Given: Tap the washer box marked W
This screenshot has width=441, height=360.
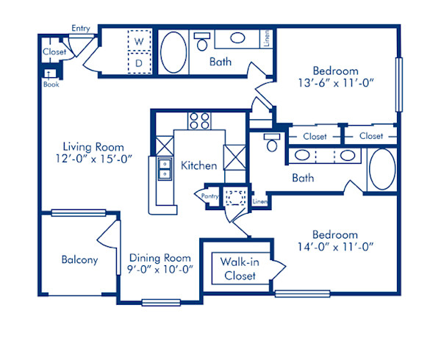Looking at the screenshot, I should click(138, 42).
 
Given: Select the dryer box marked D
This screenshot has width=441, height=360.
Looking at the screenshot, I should click(138, 63).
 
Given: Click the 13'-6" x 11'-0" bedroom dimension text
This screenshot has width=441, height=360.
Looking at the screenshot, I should click(337, 82).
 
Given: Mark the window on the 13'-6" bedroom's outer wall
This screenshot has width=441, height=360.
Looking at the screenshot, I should click(399, 84).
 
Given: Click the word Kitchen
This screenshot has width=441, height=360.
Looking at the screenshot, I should click(198, 165).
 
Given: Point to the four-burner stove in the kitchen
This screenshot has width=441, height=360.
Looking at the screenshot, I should click(198, 120).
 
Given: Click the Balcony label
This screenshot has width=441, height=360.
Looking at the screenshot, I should click(79, 259).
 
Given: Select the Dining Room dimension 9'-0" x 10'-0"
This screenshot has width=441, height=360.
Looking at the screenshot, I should click(160, 269).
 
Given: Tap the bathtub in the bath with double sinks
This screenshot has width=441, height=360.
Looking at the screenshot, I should click(381, 170).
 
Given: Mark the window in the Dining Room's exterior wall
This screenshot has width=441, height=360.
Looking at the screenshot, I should click(157, 301).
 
